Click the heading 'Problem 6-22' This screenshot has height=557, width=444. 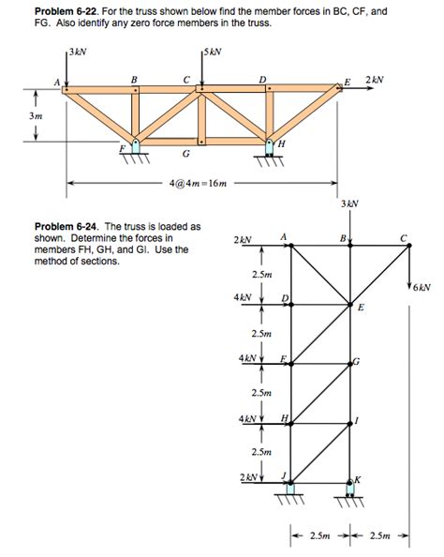[x=70, y=10]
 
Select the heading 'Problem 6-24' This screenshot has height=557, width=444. [x=70, y=226]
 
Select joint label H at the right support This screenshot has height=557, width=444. [x=281, y=143]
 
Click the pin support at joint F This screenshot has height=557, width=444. [x=136, y=147]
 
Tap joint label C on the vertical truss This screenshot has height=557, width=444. [x=404, y=238]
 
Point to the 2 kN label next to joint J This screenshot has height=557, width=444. [x=246, y=478]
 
